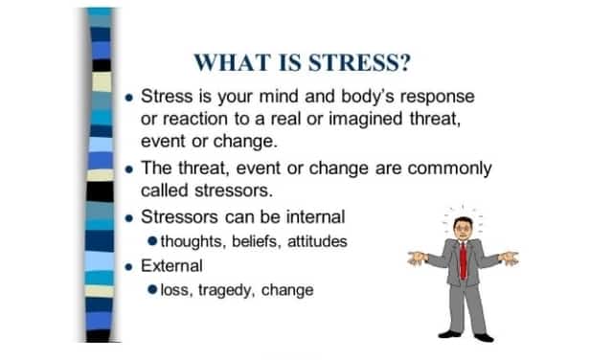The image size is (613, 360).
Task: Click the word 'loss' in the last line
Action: [174, 288]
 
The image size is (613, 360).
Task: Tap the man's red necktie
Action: [462, 259]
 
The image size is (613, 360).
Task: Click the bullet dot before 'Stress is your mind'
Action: [130, 99]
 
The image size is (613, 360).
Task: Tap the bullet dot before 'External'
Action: [130, 264]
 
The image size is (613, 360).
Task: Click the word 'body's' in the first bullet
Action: [356, 97]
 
